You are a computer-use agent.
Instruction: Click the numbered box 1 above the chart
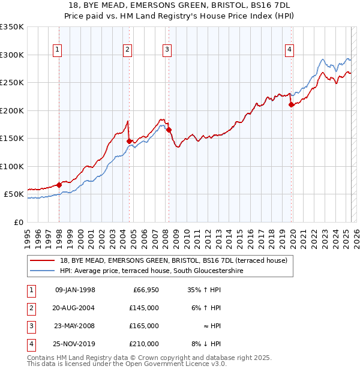pyautogui.click(x=57, y=50)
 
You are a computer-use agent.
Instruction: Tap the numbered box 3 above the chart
pyautogui.click(x=167, y=50)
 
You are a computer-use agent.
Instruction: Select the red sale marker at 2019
pyautogui.click(x=291, y=104)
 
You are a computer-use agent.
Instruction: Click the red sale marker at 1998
pyautogui.click(x=59, y=185)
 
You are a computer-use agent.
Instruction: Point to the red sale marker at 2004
pyautogui.click(x=129, y=141)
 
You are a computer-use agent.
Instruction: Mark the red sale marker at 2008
pyautogui.click(x=169, y=130)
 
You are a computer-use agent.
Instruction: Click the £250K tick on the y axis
pyautogui.click(x=12, y=82)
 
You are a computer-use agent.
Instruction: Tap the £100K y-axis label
pyautogui.click(x=12, y=166)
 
